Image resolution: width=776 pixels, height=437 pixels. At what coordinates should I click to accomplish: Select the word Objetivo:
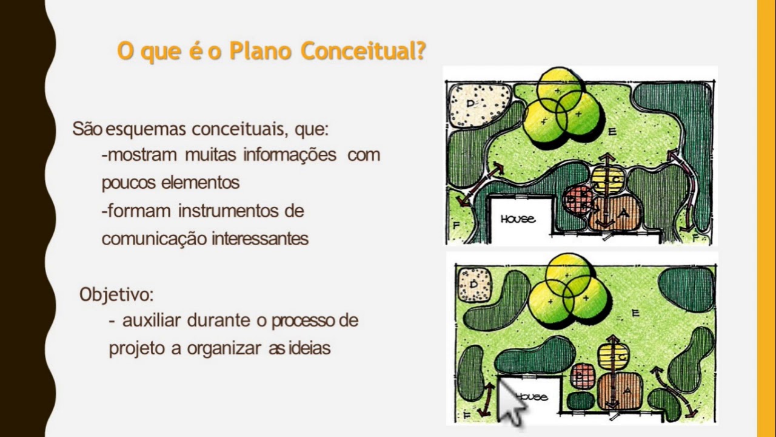116,295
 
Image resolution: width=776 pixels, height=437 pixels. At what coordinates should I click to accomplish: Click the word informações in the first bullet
290,155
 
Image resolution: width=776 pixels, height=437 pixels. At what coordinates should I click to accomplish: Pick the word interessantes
260,239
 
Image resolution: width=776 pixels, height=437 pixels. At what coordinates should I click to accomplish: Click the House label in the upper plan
518,218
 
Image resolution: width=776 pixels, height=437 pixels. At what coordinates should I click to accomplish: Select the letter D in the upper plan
470,104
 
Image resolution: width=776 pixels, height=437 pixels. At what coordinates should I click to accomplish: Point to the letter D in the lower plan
473,283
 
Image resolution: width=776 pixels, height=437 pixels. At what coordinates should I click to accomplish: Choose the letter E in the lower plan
635,313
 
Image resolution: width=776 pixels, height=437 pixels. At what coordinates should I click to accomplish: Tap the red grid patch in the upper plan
577,200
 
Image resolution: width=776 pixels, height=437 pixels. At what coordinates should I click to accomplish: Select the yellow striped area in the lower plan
613,356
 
